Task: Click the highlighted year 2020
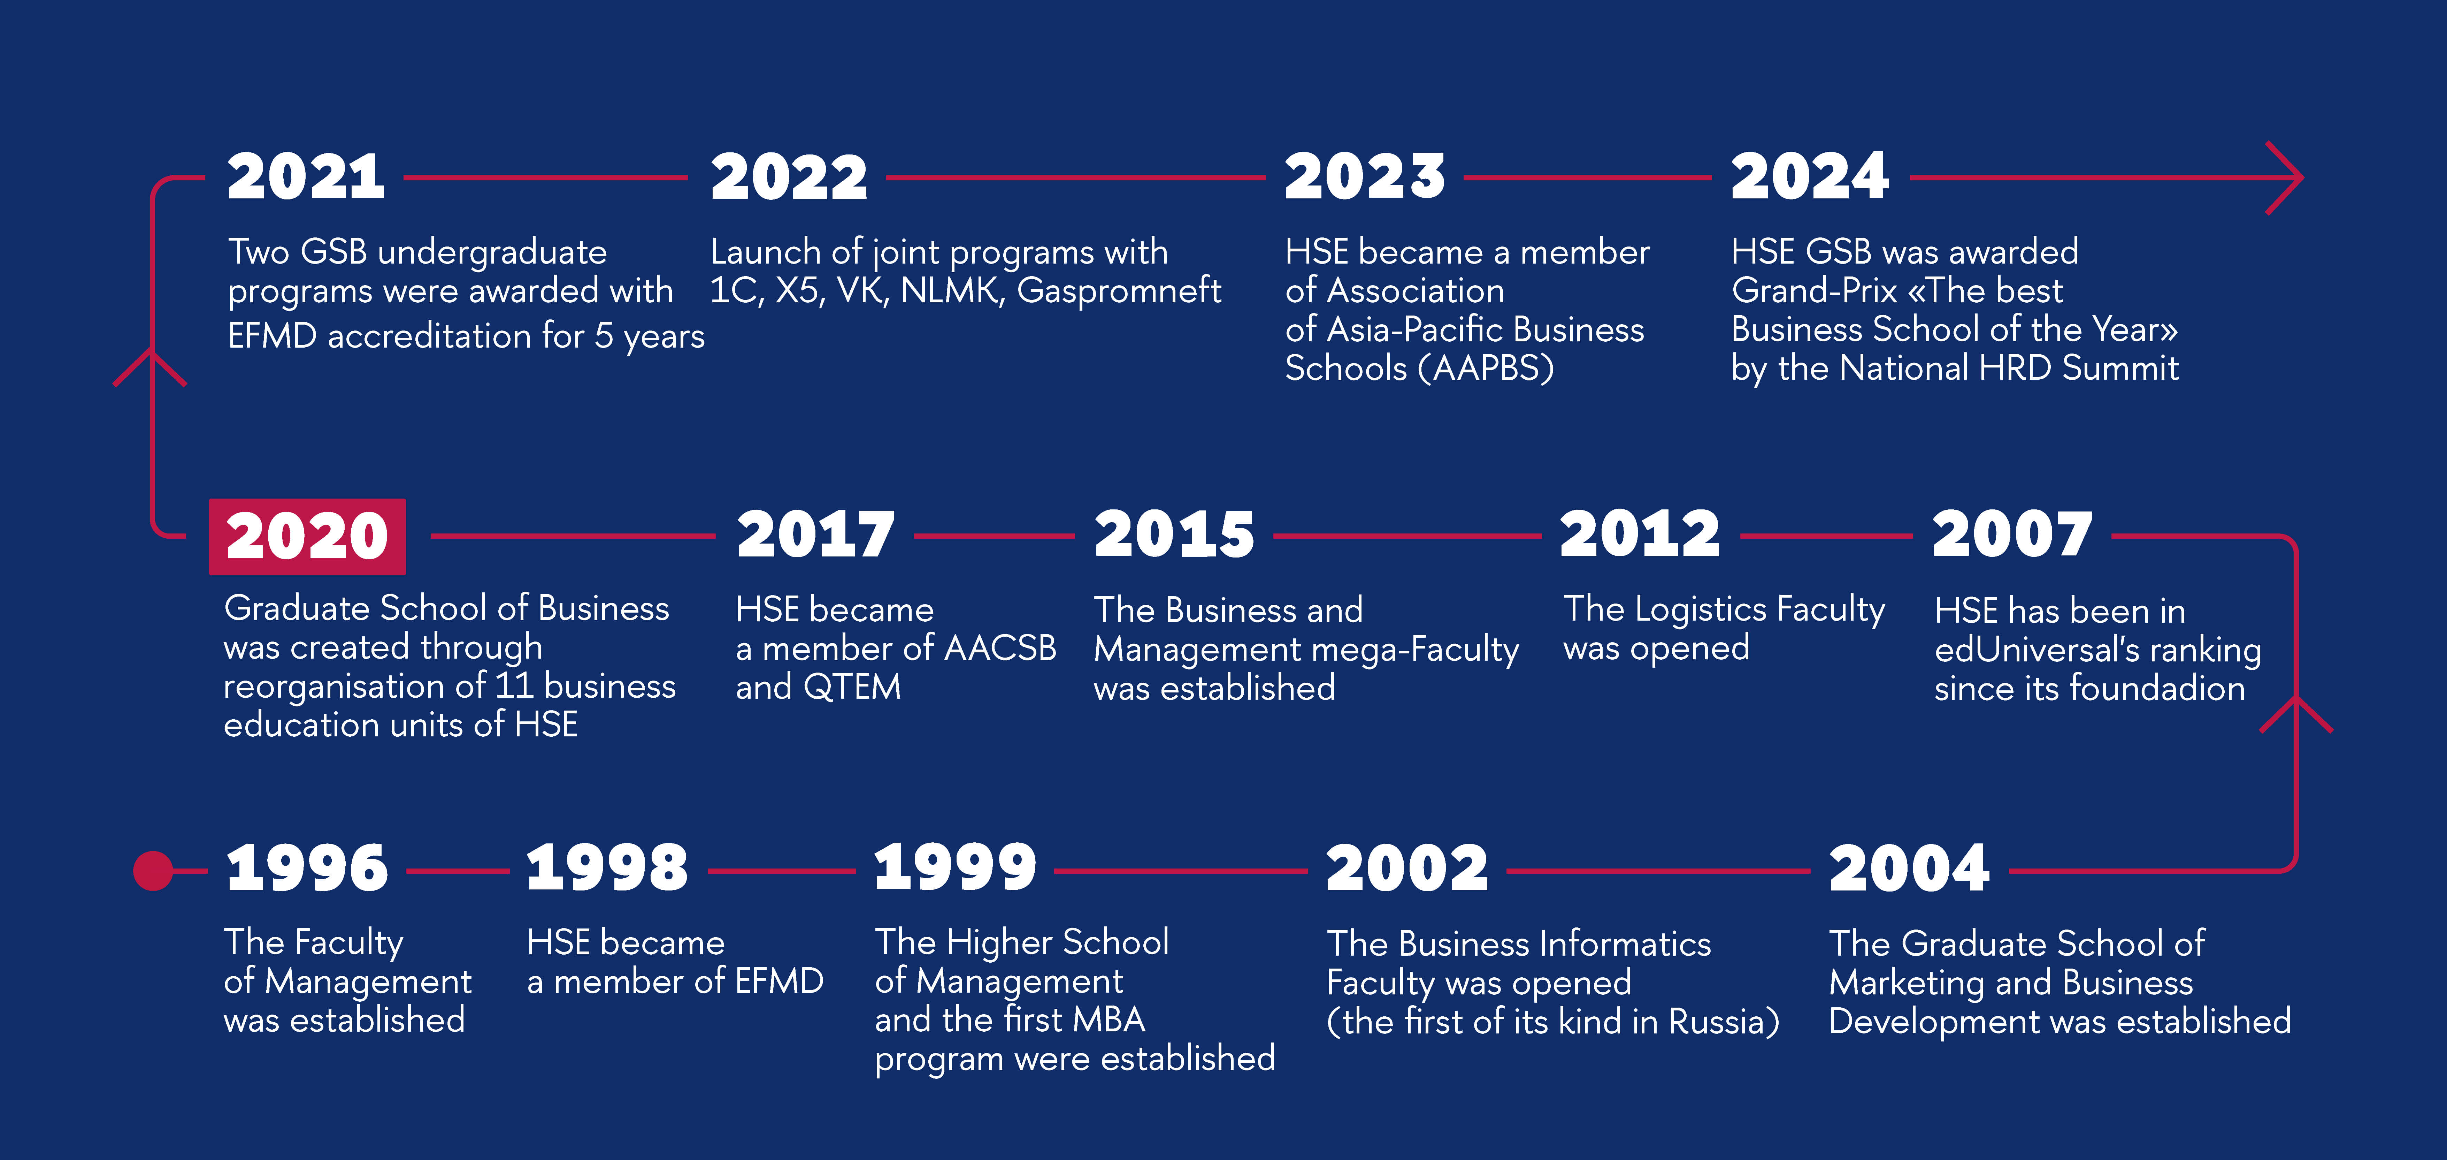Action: point(307,537)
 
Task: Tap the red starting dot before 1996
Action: point(153,870)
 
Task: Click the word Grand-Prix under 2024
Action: point(1815,290)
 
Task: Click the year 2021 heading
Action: point(306,178)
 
